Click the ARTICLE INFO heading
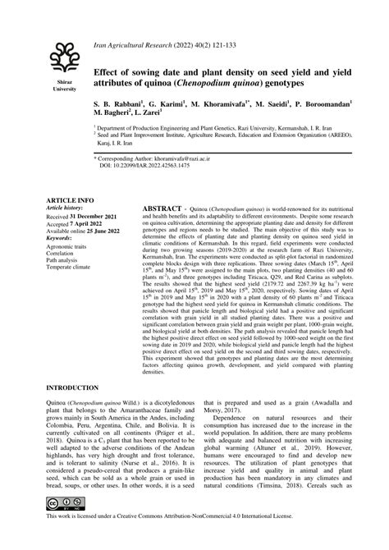coord(69,200)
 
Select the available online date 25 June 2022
coord(104,230)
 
